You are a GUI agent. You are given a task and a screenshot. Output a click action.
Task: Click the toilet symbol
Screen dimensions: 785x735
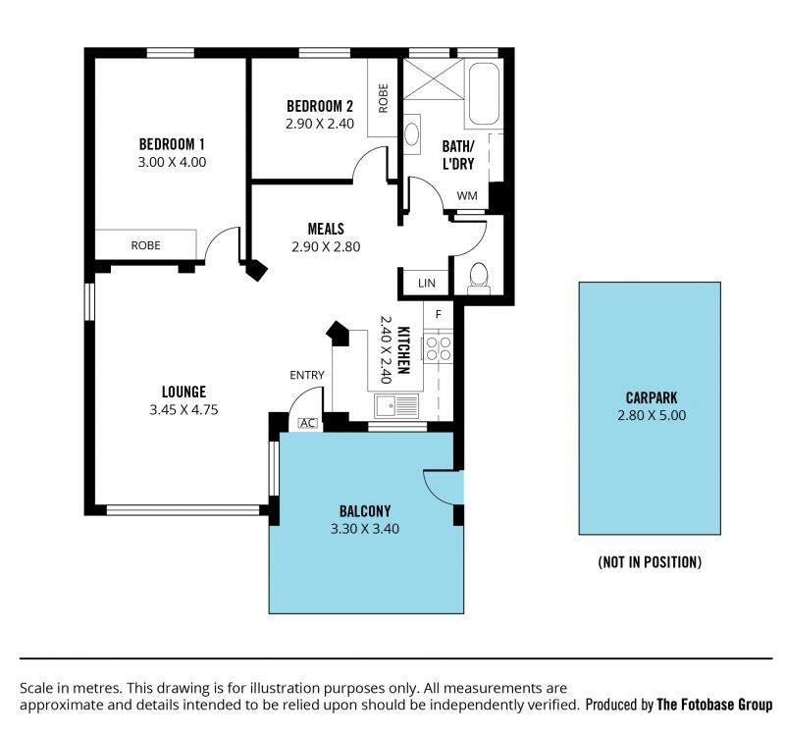click(479, 279)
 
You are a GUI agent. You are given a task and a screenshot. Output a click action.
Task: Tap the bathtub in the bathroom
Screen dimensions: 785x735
click(484, 93)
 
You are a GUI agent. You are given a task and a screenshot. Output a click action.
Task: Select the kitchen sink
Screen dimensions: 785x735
click(396, 405)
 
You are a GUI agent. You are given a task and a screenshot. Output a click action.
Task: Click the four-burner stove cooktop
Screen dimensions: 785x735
click(439, 347)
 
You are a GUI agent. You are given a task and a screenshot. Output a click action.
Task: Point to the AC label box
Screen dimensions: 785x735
click(307, 423)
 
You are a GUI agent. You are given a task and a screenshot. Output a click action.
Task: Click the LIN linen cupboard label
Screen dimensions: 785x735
click(427, 284)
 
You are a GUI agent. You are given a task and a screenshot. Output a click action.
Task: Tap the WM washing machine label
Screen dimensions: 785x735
click(467, 195)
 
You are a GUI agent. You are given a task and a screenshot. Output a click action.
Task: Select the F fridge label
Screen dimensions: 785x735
click(438, 314)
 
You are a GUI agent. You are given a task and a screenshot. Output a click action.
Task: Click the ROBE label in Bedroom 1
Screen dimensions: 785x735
click(145, 245)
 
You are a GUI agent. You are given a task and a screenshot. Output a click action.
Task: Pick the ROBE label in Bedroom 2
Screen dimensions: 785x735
click(383, 98)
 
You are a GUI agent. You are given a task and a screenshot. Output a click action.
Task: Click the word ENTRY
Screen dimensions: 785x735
click(307, 375)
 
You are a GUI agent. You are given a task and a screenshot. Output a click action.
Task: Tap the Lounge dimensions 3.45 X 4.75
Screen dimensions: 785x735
click(183, 409)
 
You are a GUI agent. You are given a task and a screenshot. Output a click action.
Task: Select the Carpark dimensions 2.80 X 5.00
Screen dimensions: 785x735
click(652, 415)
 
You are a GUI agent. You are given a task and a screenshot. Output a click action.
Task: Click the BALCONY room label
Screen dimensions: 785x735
click(365, 511)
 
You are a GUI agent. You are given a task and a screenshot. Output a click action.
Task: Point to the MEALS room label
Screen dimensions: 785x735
click(326, 229)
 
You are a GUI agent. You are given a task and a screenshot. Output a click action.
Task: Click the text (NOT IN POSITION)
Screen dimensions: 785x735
click(650, 562)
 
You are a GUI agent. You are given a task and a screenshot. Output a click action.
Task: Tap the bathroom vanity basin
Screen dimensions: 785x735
click(411, 134)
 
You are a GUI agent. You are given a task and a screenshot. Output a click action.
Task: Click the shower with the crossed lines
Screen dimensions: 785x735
click(434, 79)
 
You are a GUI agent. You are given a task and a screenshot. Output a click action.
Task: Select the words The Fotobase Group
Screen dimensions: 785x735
click(714, 705)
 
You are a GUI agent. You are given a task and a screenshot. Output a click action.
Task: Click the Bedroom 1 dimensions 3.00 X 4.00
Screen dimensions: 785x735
click(172, 162)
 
